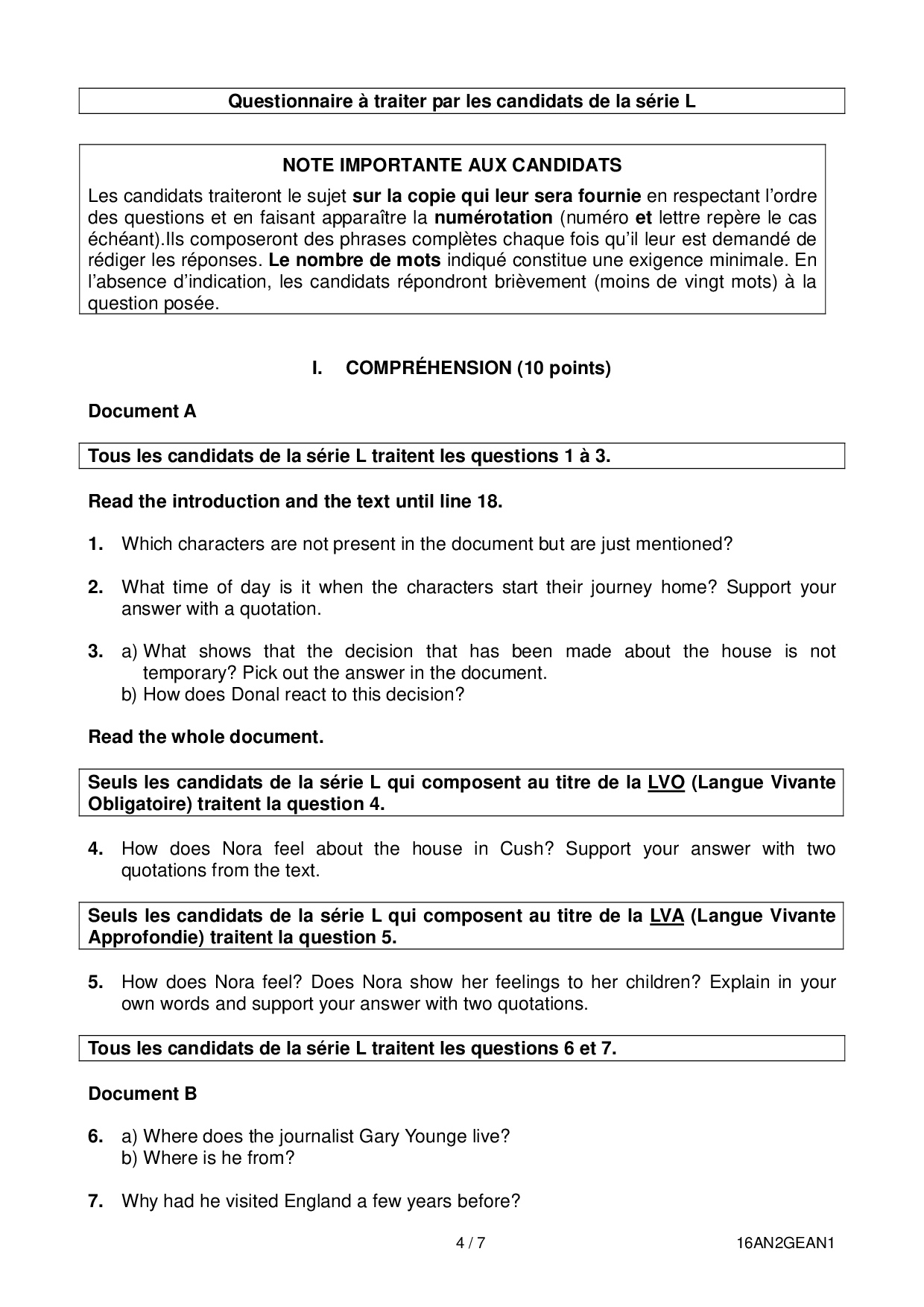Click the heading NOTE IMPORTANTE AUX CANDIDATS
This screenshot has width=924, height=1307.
(452, 165)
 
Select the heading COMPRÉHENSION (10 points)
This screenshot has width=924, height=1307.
(478, 368)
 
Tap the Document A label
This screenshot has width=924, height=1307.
(142, 411)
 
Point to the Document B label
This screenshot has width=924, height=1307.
(142, 1094)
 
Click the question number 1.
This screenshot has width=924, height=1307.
(95, 544)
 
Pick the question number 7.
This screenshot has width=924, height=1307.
(95, 1201)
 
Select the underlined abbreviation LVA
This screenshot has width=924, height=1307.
(666, 916)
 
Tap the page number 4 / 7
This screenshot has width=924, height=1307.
(471, 1243)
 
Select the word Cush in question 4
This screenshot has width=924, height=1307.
(526, 849)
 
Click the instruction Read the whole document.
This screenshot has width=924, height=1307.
(206, 738)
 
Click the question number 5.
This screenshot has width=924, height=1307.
(95, 982)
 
